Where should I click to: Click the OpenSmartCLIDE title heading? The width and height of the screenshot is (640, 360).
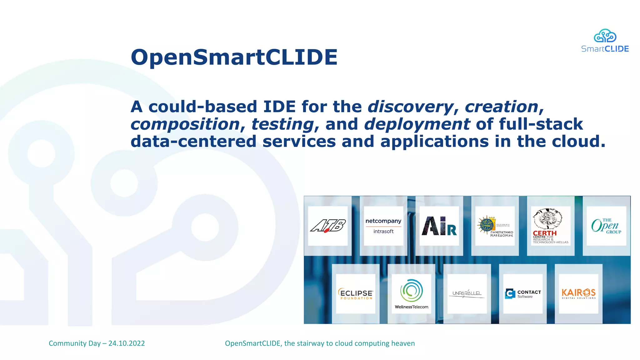tap(234, 57)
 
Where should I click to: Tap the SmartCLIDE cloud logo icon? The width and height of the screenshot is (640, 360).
tap(605, 36)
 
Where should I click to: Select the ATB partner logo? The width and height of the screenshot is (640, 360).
tap(328, 226)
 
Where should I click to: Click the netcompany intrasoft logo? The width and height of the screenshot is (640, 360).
tap(383, 226)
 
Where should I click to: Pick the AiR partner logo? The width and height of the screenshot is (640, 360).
tap(439, 226)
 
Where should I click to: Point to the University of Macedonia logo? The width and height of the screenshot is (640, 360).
tap(495, 226)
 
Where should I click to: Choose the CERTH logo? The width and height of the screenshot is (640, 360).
tap(551, 226)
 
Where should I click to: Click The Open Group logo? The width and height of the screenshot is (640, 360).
tap(606, 226)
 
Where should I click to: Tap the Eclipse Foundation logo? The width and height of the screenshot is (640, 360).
tap(356, 294)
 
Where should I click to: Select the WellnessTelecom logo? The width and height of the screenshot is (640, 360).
tap(411, 294)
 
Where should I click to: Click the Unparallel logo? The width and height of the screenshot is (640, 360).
tap(467, 294)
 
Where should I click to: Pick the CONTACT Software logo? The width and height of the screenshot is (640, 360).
tap(523, 294)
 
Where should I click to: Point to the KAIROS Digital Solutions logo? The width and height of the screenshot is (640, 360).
tap(578, 294)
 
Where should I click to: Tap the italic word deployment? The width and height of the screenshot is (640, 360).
tap(417, 124)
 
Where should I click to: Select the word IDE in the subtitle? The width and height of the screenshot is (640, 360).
tap(279, 107)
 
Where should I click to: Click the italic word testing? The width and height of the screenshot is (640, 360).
tap(282, 124)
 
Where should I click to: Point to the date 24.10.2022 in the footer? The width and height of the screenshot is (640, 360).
tap(127, 343)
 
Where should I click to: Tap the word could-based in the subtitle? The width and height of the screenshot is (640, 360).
tap(202, 107)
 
